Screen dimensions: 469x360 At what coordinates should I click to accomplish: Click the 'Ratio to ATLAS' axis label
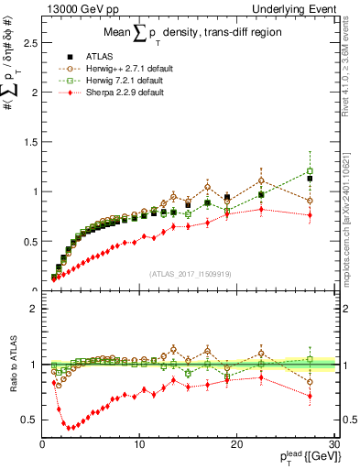pyautogui.click(x=12, y=365)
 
